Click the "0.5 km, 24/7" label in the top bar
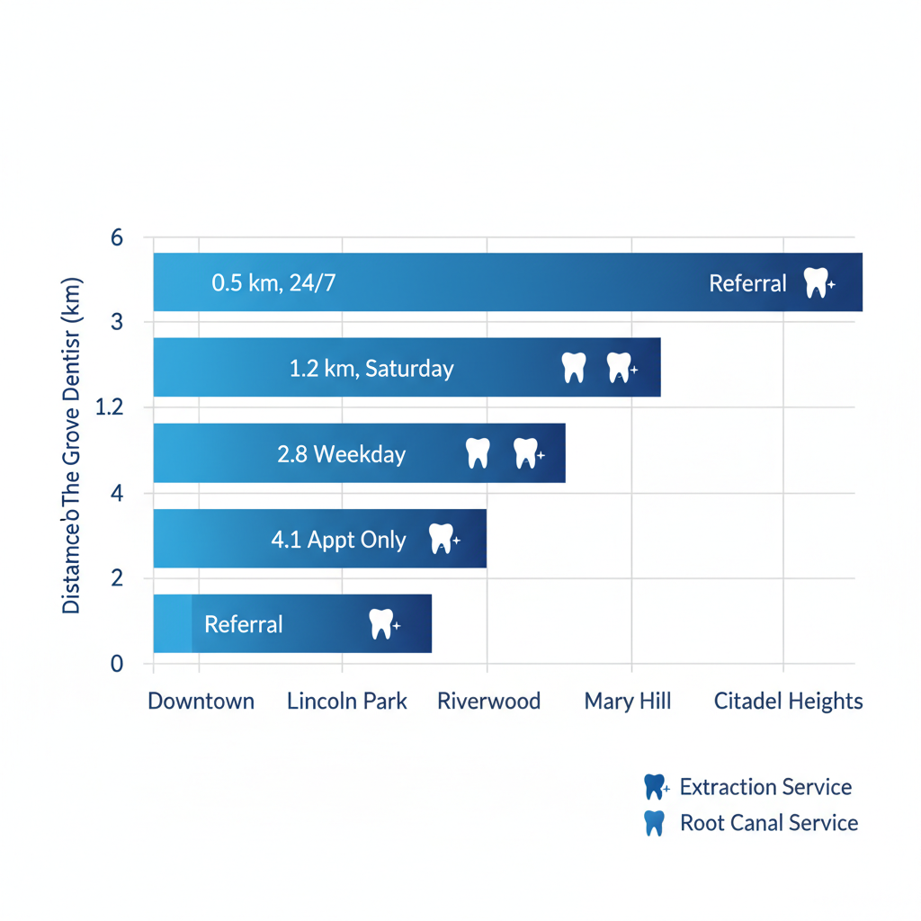(x=273, y=283)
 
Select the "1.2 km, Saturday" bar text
(x=371, y=368)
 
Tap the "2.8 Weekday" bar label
(x=342, y=454)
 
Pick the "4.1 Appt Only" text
(x=338, y=540)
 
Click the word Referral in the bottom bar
(x=244, y=624)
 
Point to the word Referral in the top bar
(x=747, y=283)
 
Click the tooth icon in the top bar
(x=816, y=282)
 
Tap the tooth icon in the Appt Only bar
(x=441, y=539)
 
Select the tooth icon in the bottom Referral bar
(x=381, y=623)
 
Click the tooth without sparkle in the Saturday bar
(x=573, y=367)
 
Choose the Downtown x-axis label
(x=201, y=702)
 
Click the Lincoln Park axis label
(x=347, y=702)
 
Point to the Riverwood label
(x=488, y=702)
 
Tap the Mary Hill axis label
(x=628, y=702)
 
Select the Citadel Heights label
(x=788, y=702)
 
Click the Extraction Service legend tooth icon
(x=655, y=787)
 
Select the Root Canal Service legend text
(x=769, y=823)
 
